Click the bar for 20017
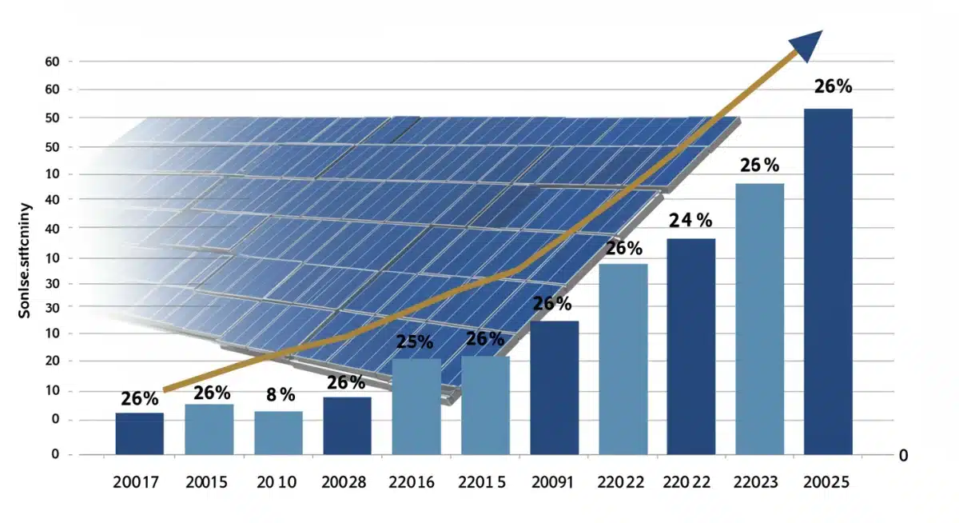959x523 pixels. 139,433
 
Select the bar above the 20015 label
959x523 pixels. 209,429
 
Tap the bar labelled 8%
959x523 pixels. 278,433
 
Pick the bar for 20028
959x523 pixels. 347,425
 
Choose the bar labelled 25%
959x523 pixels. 416,406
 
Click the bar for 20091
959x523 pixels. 554,388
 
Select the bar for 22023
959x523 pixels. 760,319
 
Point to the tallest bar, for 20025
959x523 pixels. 828,281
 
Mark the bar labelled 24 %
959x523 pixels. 691,346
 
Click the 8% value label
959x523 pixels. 281,395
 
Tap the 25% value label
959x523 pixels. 415,342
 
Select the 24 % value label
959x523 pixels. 691,221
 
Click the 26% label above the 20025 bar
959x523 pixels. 833,87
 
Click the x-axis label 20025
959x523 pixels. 827,482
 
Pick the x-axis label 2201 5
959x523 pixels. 483,482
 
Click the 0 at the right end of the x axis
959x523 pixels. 904,455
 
